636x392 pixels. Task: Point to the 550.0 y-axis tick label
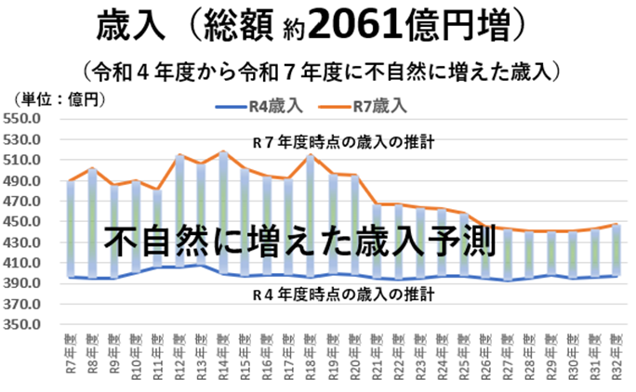pos(21,119)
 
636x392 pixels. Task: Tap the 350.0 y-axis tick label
pos(21,326)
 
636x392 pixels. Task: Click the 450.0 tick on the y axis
pos(21,222)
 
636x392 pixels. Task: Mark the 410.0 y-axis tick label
pos(21,264)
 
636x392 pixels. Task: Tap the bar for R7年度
pos(71,229)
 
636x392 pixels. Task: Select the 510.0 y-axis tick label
pos(21,160)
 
